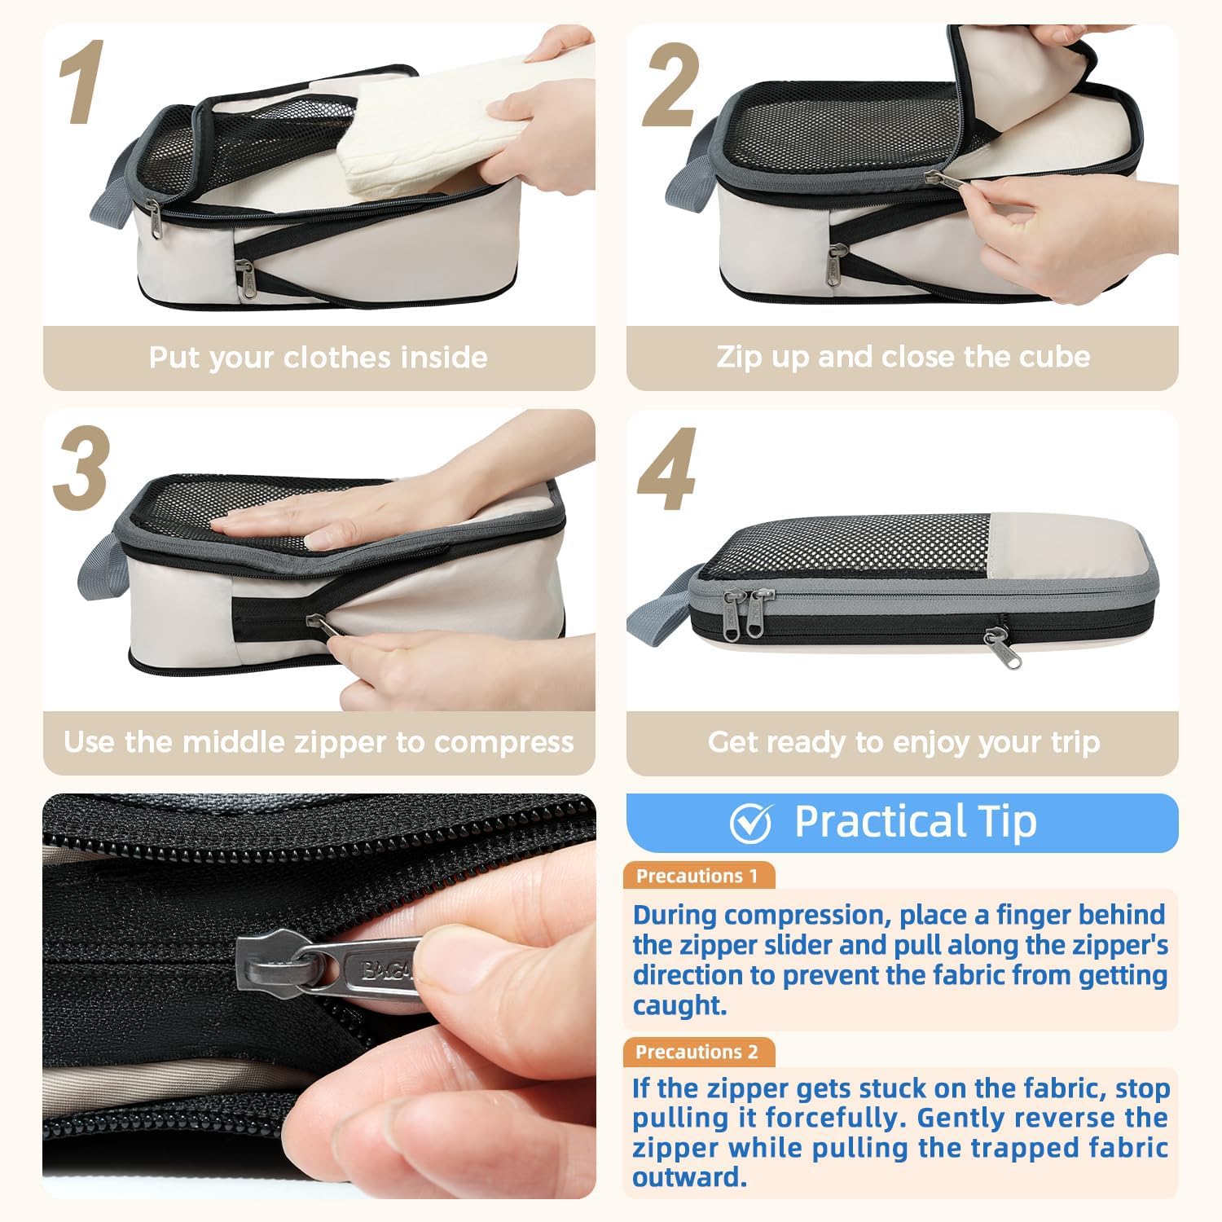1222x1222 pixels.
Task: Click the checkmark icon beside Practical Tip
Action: [x=750, y=823]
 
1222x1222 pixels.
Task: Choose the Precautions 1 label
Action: [x=697, y=876]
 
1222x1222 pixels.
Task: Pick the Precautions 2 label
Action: [x=697, y=1052]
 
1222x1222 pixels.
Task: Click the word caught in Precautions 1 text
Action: [x=679, y=1006]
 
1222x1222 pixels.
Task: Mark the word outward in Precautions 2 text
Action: [x=689, y=1177]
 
